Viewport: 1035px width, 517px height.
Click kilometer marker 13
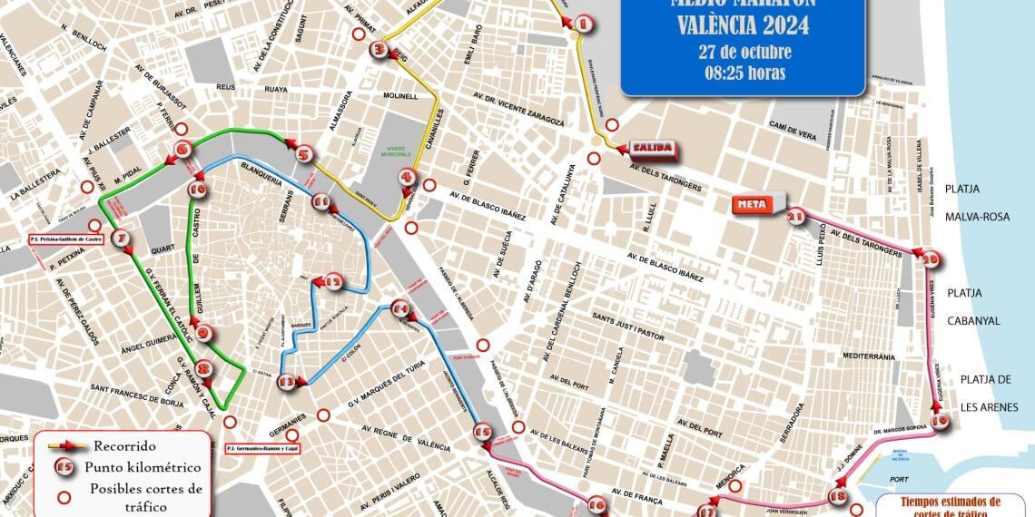point(288,382)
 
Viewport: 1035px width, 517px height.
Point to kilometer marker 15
point(482,434)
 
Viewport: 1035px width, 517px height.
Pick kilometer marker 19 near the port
point(940,420)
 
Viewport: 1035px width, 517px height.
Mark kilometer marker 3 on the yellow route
point(379,51)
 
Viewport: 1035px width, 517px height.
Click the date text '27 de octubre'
point(744,51)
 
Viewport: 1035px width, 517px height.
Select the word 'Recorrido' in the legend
point(123,445)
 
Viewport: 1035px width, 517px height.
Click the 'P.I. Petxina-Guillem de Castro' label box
point(66,239)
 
